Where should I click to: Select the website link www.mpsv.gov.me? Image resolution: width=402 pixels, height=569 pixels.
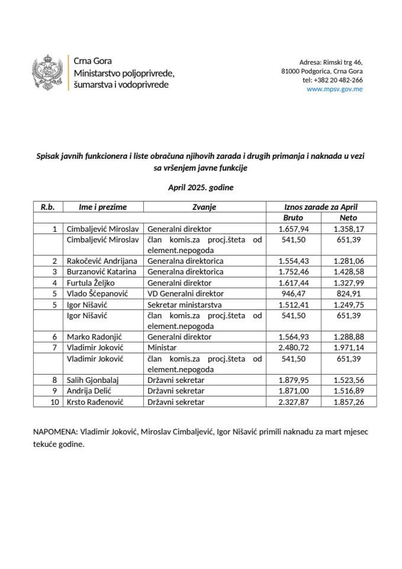pyautogui.click(x=335, y=89)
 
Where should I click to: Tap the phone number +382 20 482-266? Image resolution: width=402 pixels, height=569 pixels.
pyautogui.click(x=333, y=80)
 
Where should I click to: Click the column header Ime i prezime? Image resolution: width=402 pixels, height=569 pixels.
pyautogui.click(x=102, y=207)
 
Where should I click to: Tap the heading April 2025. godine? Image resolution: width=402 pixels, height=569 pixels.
pyautogui.click(x=201, y=188)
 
